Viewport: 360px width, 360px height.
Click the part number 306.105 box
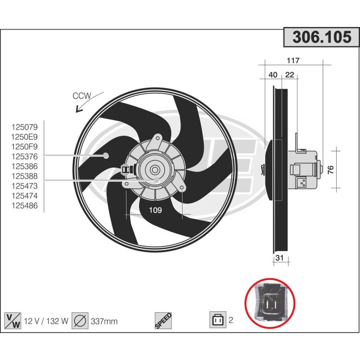[x=321, y=37]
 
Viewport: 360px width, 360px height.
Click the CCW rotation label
[x=82, y=95]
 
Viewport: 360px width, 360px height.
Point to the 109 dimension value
[x=155, y=210]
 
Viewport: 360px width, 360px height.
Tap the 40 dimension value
[x=273, y=75]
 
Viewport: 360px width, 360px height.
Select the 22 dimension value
[x=289, y=75]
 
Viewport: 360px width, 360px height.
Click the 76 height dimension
[x=331, y=170]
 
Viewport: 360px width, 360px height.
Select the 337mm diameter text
[x=104, y=321]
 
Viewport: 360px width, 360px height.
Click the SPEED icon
[x=163, y=320]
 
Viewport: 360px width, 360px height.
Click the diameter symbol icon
[x=81, y=320]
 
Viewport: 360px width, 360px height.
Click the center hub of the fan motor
[x=155, y=170]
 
